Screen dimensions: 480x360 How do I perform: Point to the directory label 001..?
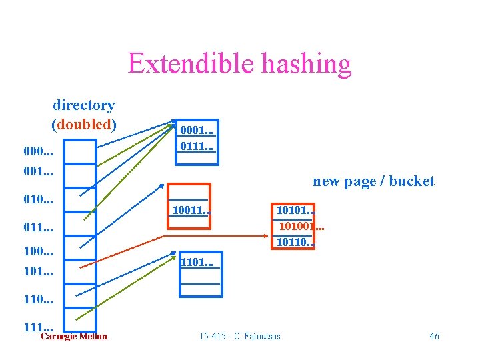click(x=38, y=171)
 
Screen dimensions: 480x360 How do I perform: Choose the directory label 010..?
click(x=38, y=200)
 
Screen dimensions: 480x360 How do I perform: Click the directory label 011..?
click(x=38, y=227)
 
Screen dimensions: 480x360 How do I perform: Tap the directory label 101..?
click(x=38, y=272)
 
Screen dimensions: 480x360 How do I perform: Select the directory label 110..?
click(x=38, y=301)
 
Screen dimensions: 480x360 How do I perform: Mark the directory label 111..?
click(x=38, y=326)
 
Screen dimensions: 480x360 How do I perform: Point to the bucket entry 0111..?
click(x=197, y=144)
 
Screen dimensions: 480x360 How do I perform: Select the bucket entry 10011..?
click(x=191, y=211)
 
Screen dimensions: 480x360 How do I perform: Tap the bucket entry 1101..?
click(x=197, y=262)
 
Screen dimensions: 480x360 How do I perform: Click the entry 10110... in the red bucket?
click(x=296, y=241)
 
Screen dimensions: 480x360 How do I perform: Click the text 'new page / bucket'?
click(x=373, y=181)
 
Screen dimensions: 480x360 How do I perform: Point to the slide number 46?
click(x=434, y=336)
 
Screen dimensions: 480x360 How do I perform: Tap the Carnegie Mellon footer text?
click(x=73, y=336)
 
